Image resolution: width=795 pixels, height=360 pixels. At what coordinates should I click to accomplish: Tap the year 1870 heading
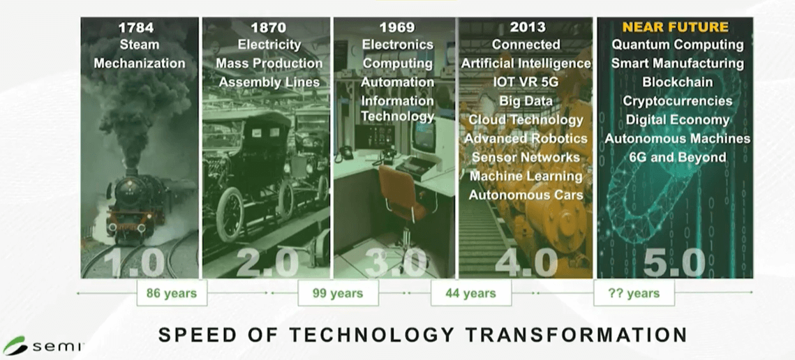pos(269,29)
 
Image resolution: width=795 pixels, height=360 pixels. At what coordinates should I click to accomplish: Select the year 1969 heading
pos(396,29)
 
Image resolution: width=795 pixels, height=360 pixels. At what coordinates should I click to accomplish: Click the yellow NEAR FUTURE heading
pos(675,28)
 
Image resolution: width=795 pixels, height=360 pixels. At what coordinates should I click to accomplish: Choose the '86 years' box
pos(171,293)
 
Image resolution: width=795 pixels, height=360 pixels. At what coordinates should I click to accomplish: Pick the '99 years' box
pos(338,293)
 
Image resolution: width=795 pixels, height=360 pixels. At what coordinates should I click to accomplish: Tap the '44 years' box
pos(470,293)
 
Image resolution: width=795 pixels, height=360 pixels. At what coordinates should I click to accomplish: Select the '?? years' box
pos(634,293)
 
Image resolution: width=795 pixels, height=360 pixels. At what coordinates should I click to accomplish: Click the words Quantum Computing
pos(677,45)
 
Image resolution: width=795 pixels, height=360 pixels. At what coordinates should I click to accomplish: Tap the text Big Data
pos(526,101)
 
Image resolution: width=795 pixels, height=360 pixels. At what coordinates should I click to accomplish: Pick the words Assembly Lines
pos(269,82)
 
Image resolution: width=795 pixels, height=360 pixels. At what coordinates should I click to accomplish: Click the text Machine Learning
pos(526,177)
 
